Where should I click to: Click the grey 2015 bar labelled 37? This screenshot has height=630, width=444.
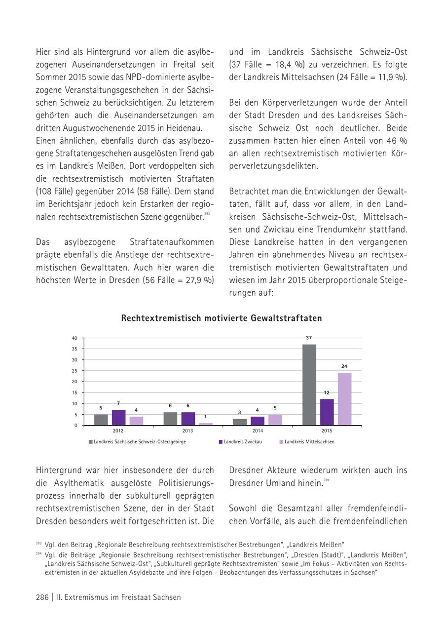point(309,385)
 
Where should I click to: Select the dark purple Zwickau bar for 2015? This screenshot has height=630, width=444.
point(327,412)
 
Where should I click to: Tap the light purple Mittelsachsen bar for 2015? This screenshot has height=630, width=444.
point(344,399)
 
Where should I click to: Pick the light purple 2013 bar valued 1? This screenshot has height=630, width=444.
point(206,424)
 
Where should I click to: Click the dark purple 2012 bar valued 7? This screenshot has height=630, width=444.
point(118,418)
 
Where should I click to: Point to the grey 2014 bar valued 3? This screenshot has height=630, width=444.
point(240,422)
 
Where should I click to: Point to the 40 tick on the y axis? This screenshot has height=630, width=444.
point(74,338)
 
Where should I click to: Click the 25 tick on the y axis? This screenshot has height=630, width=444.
point(74,371)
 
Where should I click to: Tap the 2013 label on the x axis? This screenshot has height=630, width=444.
point(187,431)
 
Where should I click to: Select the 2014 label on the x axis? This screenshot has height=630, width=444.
point(257,431)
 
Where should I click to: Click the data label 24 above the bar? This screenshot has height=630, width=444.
point(344,366)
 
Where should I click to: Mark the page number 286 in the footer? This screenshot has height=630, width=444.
point(42,597)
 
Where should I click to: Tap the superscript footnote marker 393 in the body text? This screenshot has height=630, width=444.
point(207,214)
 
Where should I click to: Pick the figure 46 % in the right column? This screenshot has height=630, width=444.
point(398,141)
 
